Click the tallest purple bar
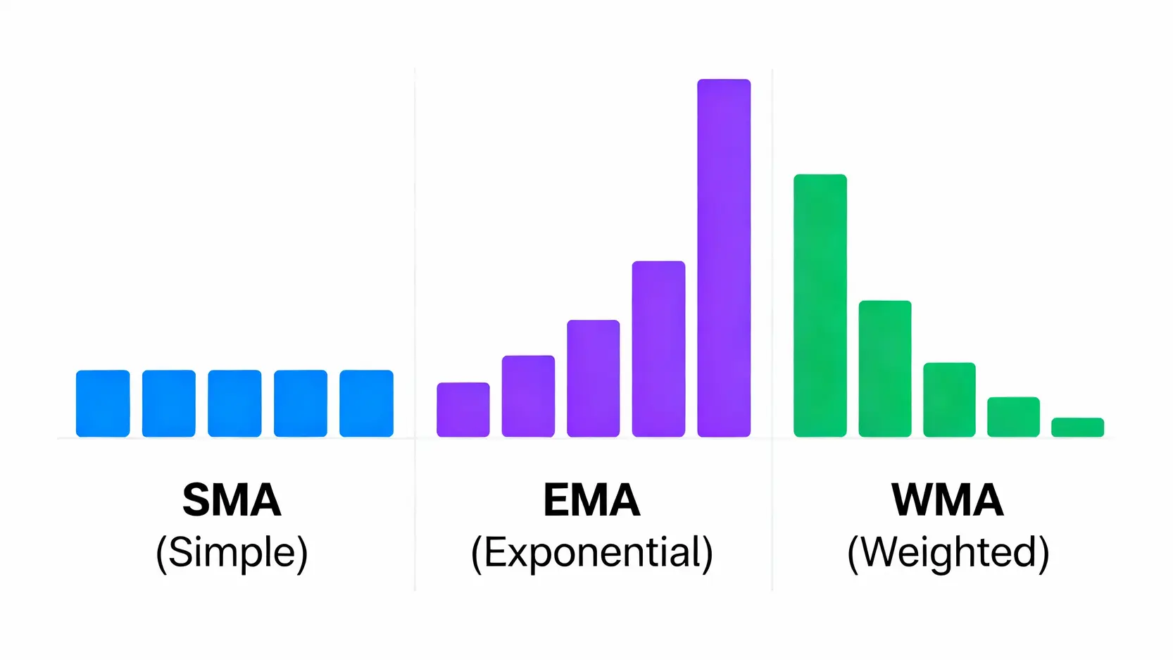pyautogui.click(x=724, y=258)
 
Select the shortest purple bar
pyautogui.click(x=463, y=410)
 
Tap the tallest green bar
pyautogui.click(x=820, y=306)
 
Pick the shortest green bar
pyautogui.click(x=1077, y=428)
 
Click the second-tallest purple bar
pyautogui.click(x=658, y=349)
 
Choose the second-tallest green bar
pyautogui.click(x=885, y=368)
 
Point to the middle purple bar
pyautogui.click(x=593, y=378)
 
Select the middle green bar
pyautogui.click(x=949, y=399)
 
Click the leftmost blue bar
pyautogui.click(x=103, y=404)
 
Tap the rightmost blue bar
pyautogui.click(x=366, y=404)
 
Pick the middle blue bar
pyautogui.click(x=234, y=404)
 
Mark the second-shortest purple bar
pyautogui.click(x=528, y=396)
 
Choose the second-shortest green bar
pyautogui.click(x=1013, y=417)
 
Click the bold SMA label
pyautogui.click(x=232, y=500)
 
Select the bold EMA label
pyautogui.click(x=591, y=500)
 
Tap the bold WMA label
pyautogui.click(x=947, y=500)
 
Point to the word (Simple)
pyautogui.click(x=232, y=552)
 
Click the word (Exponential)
pyautogui.click(x=591, y=552)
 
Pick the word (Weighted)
pyautogui.click(x=948, y=552)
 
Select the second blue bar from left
pyautogui.click(x=169, y=404)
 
